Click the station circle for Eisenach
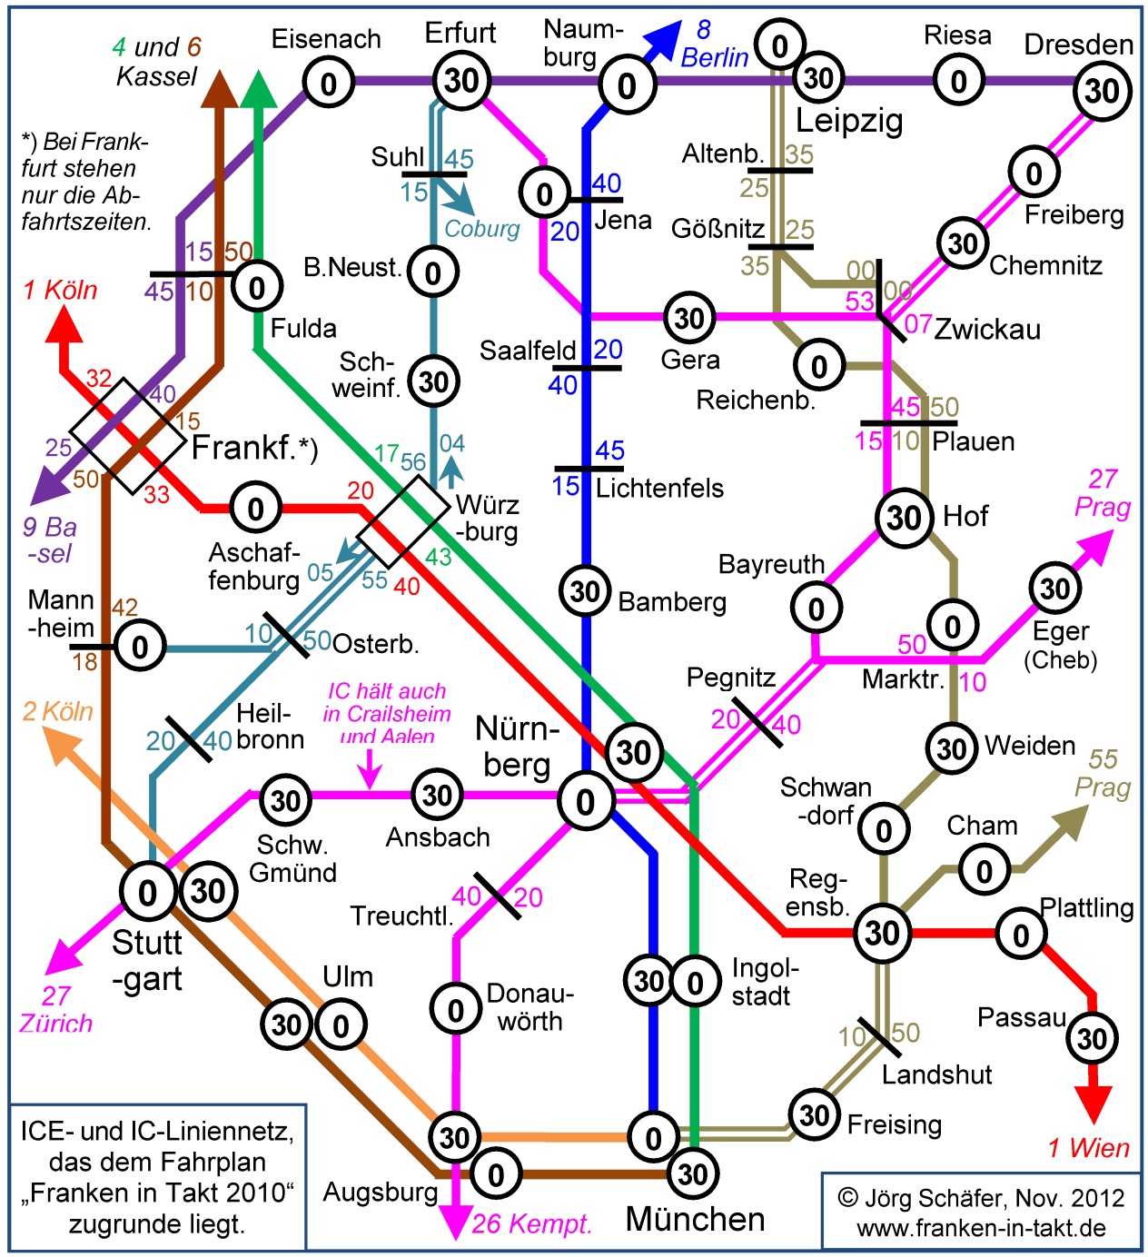(x=329, y=83)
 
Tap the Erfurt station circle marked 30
(x=461, y=81)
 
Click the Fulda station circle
(x=257, y=287)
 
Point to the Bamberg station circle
(x=585, y=590)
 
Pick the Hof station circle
(x=903, y=518)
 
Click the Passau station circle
(x=1092, y=1039)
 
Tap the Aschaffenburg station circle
(x=256, y=509)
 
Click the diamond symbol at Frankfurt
(x=128, y=436)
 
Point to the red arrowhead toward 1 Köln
(x=64, y=324)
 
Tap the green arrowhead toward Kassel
(x=258, y=88)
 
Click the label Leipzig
(x=849, y=121)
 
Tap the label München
(x=695, y=1219)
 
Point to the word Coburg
(x=482, y=230)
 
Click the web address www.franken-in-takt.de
(x=981, y=1228)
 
